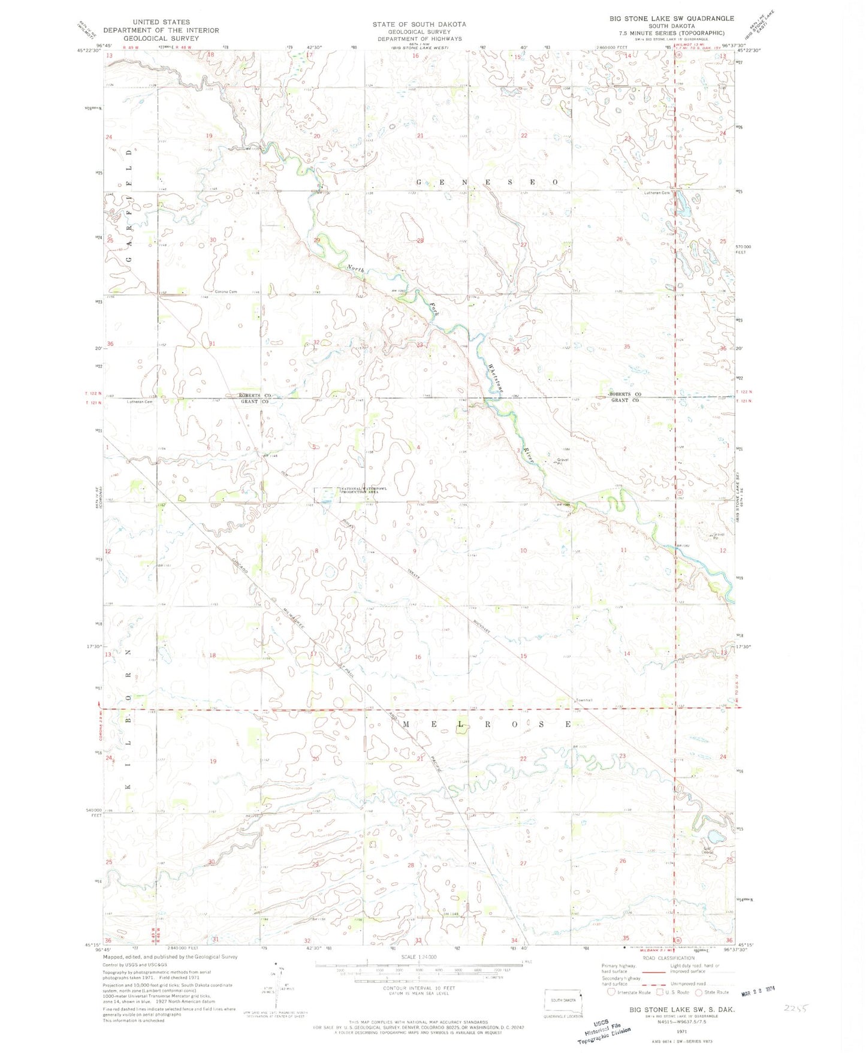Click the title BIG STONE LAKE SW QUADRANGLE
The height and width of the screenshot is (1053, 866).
[x=671, y=19]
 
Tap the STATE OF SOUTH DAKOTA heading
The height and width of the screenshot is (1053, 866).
[x=419, y=24]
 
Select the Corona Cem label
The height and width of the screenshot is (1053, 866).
[x=226, y=292]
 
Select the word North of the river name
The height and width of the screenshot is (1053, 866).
[x=355, y=270]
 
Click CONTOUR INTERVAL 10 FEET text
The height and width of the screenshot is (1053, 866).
[x=419, y=988]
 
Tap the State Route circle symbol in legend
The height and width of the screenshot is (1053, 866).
[x=699, y=992]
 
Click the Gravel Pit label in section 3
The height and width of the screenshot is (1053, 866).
[x=562, y=461]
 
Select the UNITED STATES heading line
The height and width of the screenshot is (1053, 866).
[x=161, y=22]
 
